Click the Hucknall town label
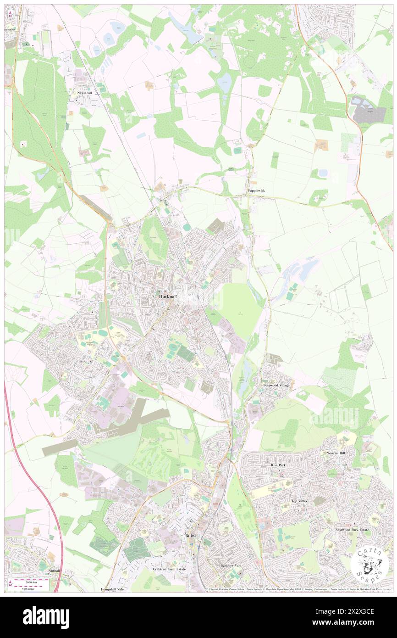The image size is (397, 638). [x=168, y=297]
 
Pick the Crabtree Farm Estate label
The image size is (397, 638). [x=169, y=569]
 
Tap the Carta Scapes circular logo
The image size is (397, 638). [x=370, y=564]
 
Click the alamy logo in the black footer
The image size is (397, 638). [x=46, y=616]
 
